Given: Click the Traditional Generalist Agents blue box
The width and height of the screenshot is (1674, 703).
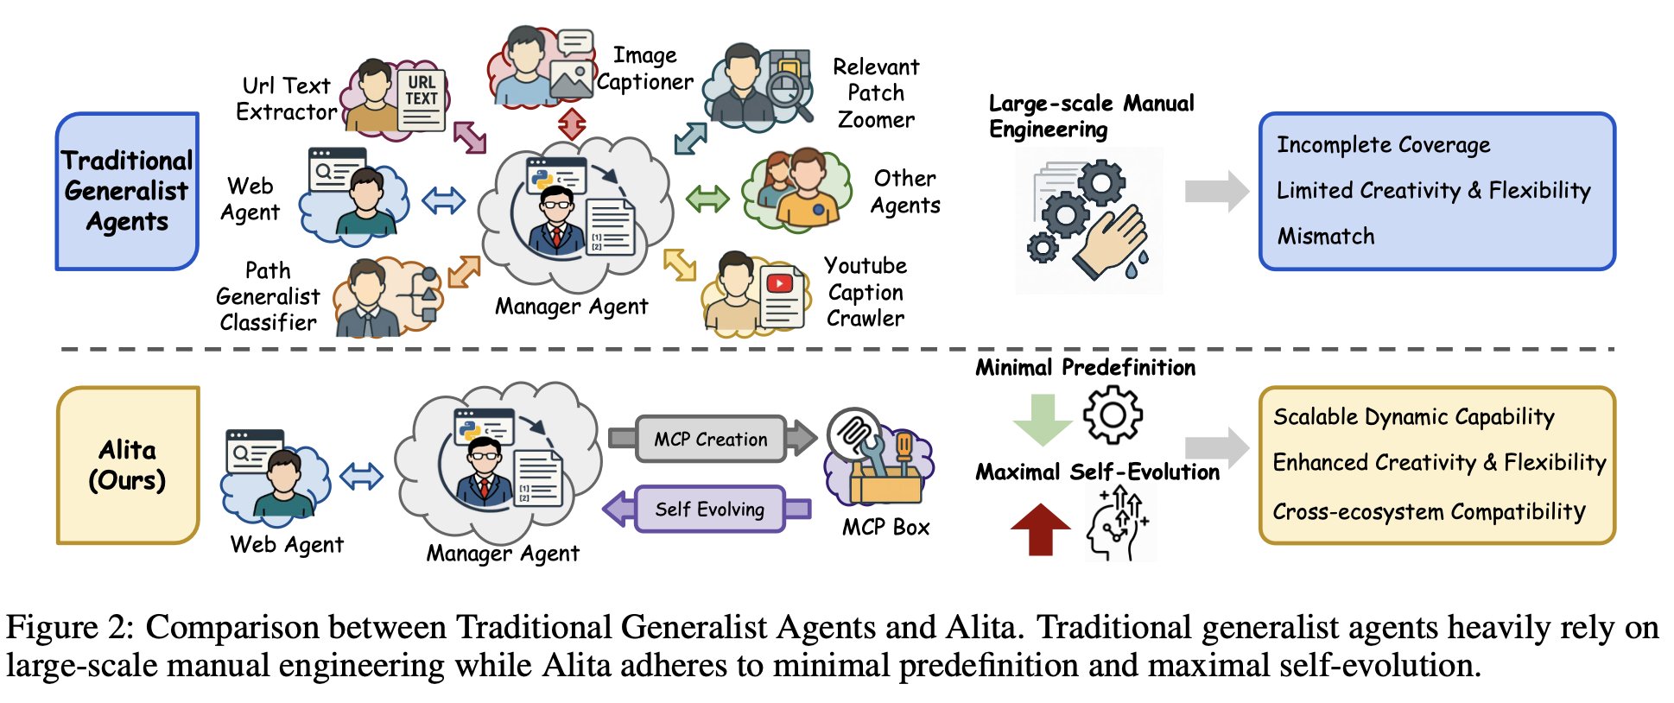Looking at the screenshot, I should point(127,191).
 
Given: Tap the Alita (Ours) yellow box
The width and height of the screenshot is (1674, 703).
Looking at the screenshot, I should point(127,465).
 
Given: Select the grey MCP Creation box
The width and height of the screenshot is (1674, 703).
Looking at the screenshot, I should point(711,439).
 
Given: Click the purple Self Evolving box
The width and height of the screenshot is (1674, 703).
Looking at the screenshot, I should point(709,509).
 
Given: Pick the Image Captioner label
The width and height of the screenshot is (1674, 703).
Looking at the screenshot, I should point(644,68).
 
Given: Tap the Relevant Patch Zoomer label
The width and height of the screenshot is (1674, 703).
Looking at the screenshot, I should point(876,92).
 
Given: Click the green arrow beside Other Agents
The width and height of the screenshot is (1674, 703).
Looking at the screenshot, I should point(707,199).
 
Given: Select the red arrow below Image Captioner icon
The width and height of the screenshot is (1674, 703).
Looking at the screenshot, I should point(572,123).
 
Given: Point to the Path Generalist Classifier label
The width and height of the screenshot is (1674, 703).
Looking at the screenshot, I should point(268,296).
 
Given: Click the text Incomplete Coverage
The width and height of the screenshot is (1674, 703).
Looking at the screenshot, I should point(1383,145).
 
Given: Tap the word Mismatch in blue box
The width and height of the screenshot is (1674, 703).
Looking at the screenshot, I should point(1325,236).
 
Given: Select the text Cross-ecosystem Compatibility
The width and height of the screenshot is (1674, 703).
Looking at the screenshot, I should point(1429,511).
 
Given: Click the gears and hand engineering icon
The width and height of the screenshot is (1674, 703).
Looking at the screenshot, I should point(1088,220).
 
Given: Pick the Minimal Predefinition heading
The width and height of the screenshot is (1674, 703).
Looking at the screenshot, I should point(1085,367).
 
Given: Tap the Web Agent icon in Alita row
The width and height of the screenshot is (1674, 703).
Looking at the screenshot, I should point(276,473).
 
